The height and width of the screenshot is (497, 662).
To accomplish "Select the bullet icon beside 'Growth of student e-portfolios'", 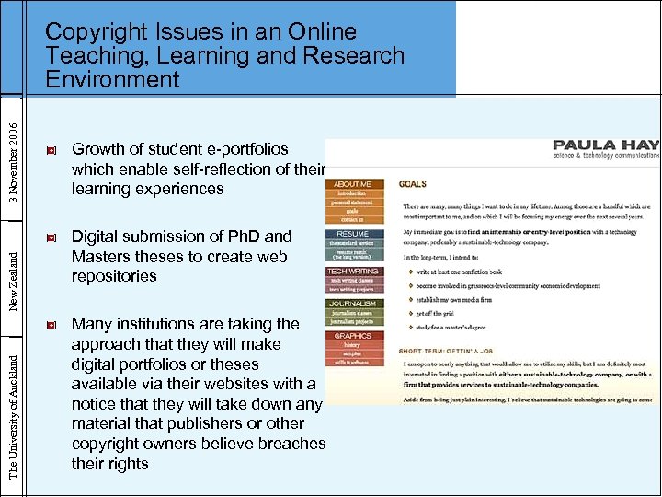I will point(51,150).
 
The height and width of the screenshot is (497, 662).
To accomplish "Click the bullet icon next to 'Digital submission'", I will point(51,237).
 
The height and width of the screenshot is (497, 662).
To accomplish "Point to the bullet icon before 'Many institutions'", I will point(51,325).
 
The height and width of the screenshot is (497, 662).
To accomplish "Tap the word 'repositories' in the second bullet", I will point(114,276).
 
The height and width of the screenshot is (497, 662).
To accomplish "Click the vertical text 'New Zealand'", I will point(12,272).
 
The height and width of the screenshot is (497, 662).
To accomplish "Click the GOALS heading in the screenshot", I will point(411,185).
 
